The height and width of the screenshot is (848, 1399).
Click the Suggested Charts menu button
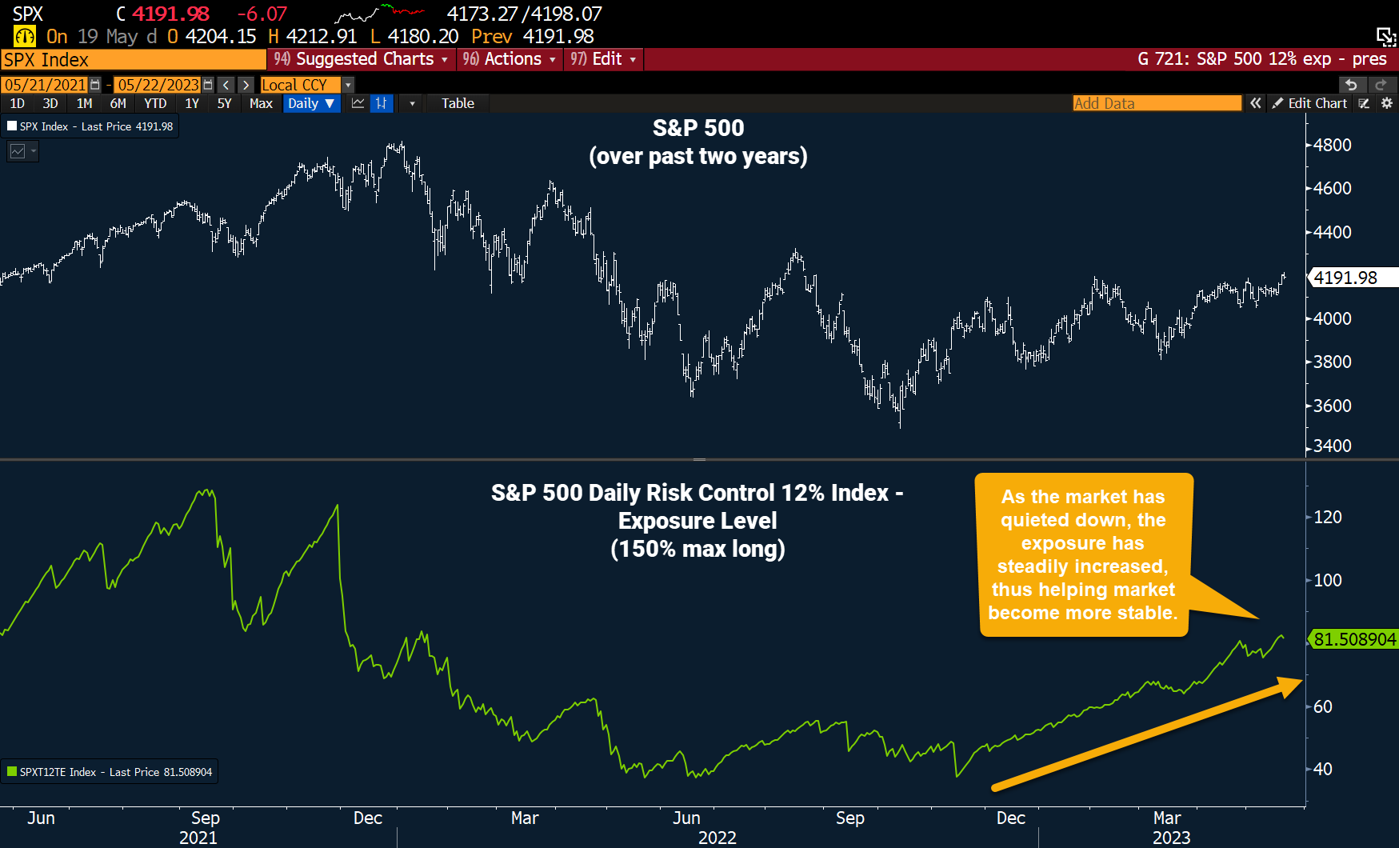(x=361, y=59)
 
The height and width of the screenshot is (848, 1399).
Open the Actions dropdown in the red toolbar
(x=509, y=59)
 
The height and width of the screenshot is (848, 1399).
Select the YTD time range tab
(x=155, y=103)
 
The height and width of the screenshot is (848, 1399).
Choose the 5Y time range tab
(x=224, y=103)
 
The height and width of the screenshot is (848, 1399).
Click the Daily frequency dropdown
(x=311, y=103)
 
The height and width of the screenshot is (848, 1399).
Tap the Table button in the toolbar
(x=458, y=103)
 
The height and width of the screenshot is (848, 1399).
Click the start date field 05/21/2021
(x=46, y=85)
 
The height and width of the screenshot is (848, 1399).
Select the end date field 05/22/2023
(x=158, y=85)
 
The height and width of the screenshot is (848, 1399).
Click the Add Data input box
(x=1156, y=103)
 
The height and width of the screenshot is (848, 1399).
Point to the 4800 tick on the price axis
(x=1331, y=146)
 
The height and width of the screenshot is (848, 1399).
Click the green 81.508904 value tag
(x=1353, y=639)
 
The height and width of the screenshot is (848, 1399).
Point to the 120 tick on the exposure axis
(x=1328, y=517)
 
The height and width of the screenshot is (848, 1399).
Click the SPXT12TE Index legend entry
(x=110, y=772)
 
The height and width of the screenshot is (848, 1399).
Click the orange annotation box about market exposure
(x=1082, y=554)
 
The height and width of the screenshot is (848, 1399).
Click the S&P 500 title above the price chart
(x=698, y=128)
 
